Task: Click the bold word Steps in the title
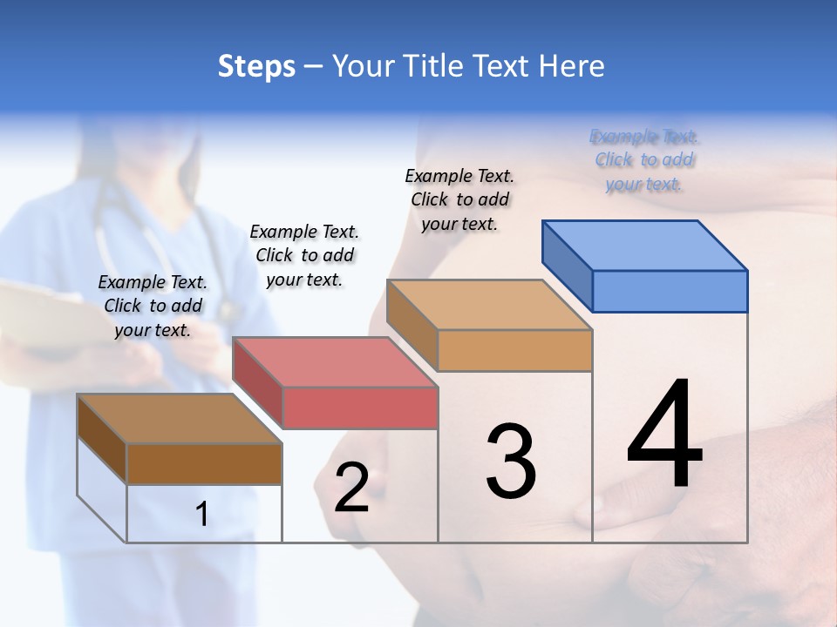[x=256, y=66]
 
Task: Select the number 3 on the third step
[x=511, y=462]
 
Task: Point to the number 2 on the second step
[x=352, y=488]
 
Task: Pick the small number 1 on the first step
[x=202, y=515]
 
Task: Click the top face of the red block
[x=335, y=361]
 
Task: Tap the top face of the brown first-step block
[x=180, y=419]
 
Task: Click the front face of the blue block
[x=670, y=291]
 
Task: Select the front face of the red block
[x=360, y=408]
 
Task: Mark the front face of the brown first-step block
[x=204, y=463]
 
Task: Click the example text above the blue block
[x=644, y=160]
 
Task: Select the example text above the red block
[x=304, y=255]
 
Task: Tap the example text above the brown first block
[x=153, y=306]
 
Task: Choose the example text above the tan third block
[x=459, y=199]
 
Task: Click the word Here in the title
[x=572, y=66]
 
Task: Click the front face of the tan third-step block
[x=514, y=350]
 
